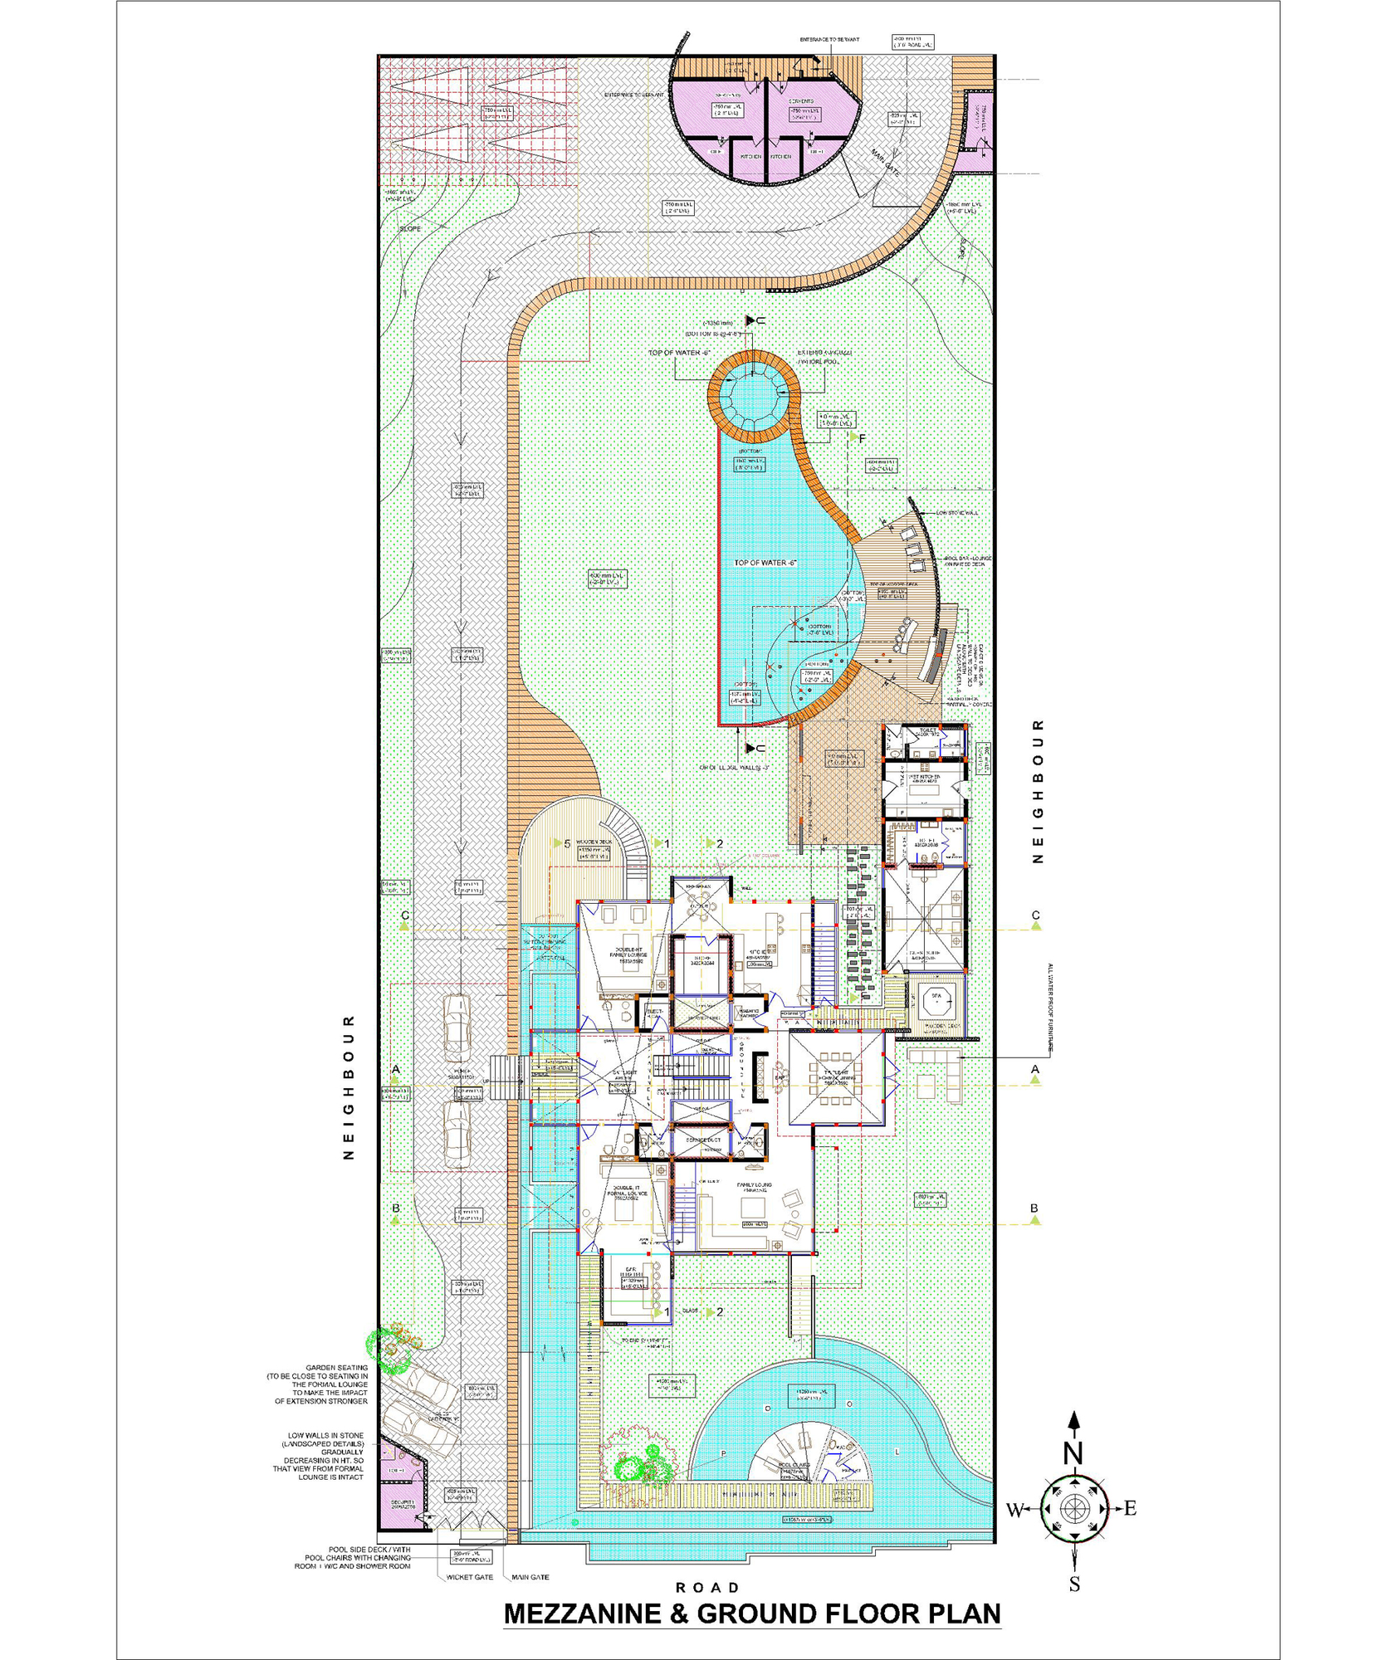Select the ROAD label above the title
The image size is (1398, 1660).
click(x=707, y=1587)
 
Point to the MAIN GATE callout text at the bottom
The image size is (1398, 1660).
click(x=530, y=1577)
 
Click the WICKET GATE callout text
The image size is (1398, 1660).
click(x=469, y=1577)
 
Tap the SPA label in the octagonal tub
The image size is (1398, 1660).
click(x=936, y=996)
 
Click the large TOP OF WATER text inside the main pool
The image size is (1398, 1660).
click(x=765, y=563)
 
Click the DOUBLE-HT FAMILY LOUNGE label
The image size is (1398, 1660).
click(x=628, y=954)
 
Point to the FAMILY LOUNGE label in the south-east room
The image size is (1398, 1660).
click(x=754, y=1186)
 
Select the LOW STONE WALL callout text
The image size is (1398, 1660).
click(x=957, y=513)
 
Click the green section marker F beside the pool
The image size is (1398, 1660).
click(x=863, y=437)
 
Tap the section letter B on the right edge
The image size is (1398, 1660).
click(x=1034, y=1208)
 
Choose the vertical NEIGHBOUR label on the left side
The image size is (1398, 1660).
click(x=349, y=1086)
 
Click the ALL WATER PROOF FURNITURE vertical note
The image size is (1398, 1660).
click(x=1049, y=1008)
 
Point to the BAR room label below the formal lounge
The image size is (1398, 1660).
click(x=631, y=1270)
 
